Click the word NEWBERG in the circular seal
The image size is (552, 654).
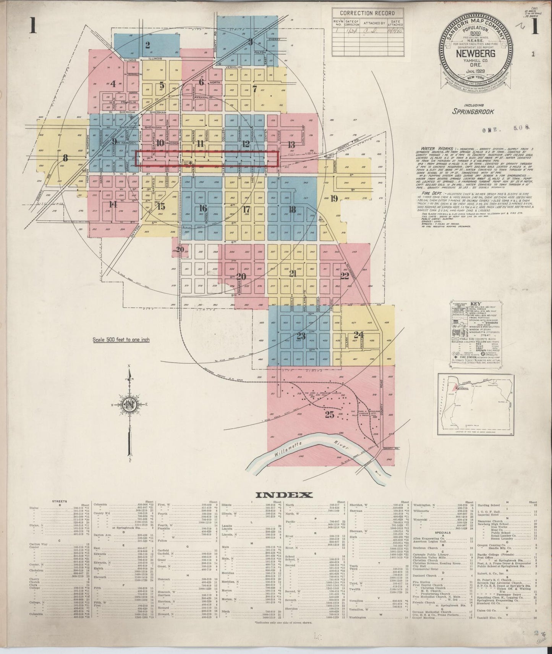pyautogui.click(x=476, y=53)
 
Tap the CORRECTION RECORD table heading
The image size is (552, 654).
pyautogui.click(x=367, y=13)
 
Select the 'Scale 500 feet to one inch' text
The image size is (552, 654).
pyautogui.click(x=121, y=340)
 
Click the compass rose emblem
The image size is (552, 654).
pyautogui.click(x=130, y=405)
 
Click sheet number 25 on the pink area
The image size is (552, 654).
pyautogui.click(x=329, y=415)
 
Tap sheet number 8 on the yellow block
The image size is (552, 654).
pyautogui.click(x=65, y=157)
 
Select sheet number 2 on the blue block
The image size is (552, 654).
pyautogui.click(x=147, y=45)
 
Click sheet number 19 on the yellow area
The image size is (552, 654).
pyautogui.click(x=334, y=198)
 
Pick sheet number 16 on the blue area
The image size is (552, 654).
pyautogui.click(x=203, y=208)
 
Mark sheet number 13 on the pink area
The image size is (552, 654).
pyautogui.click(x=291, y=145)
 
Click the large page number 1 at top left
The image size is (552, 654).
pyautogui.click(x=33, y=27)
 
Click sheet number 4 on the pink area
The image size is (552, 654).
pyautogui.click(x=113, y=84)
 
